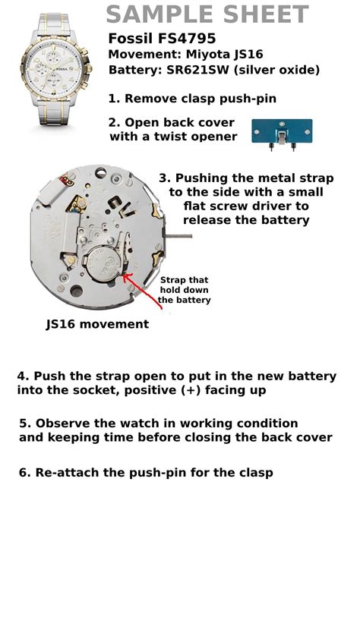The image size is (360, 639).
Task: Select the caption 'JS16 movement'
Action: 97,324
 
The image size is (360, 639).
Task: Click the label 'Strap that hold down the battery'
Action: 184,290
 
